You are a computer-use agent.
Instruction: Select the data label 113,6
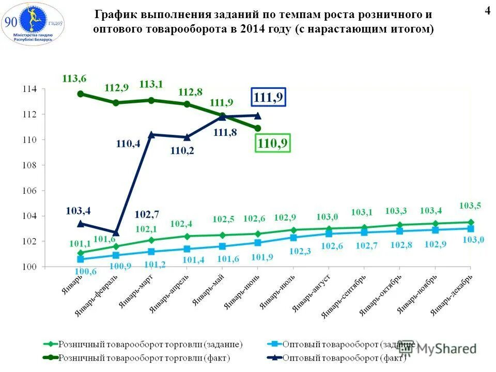click(x=74, y=79)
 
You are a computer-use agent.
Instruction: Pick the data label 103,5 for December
click(x=470, y=206)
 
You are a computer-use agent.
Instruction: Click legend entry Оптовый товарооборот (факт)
click(x=336, y=358)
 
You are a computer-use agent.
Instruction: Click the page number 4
click(x=487, y=11)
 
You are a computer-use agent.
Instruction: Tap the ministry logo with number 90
click(x=32, y=23)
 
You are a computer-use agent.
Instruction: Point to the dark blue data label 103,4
click(x=79, y=210)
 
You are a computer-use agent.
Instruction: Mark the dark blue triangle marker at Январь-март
click(x=151, y=134)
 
